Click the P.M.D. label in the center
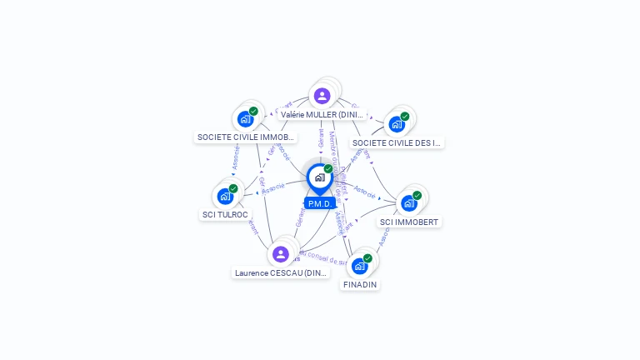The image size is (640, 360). [x=320, y=203]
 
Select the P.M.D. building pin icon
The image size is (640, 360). [x=319, y=177]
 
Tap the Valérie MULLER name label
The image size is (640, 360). [x=322, y=114]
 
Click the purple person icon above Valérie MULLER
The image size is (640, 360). [x=322, y=96]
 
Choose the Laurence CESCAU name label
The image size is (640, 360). [x=281, y=272]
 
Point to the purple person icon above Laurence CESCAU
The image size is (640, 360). [x=281, y=253]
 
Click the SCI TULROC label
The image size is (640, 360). [x=225, y=214]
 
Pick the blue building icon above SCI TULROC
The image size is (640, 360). [x=225, y=197]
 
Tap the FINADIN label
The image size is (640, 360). [x=360, y=284]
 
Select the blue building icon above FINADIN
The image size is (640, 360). [x=359, y=267]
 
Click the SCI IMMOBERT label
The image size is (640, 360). [x=409, y=222]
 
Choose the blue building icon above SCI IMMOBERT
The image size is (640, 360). [x=408, y=203]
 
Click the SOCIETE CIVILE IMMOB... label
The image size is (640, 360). [x=246, y=137]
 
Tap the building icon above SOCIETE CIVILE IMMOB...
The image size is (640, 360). [x=245, y=119]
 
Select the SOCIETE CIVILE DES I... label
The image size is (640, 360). [x=397, y=142]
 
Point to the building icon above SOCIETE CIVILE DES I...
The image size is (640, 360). [x=397, y=124]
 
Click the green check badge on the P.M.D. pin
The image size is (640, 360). [x=328, y=169]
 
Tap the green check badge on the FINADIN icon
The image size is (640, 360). [x=367, y=258]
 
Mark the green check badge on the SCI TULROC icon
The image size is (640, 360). [x=233, y=188]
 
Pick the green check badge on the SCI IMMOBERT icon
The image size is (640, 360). [x=417, y=196]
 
